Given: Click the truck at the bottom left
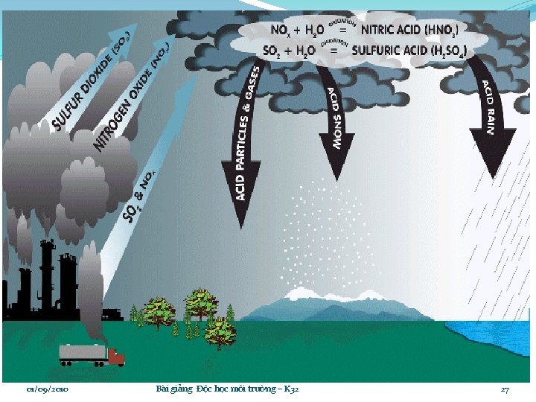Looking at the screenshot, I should [x=92, y=355].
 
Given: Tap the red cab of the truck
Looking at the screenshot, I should [x=116, y=357].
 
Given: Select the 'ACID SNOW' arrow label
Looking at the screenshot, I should [x=335, y=119].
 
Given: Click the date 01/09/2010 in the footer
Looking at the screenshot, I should [x=48, y=389].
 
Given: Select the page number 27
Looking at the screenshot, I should [x=505, y=389].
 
